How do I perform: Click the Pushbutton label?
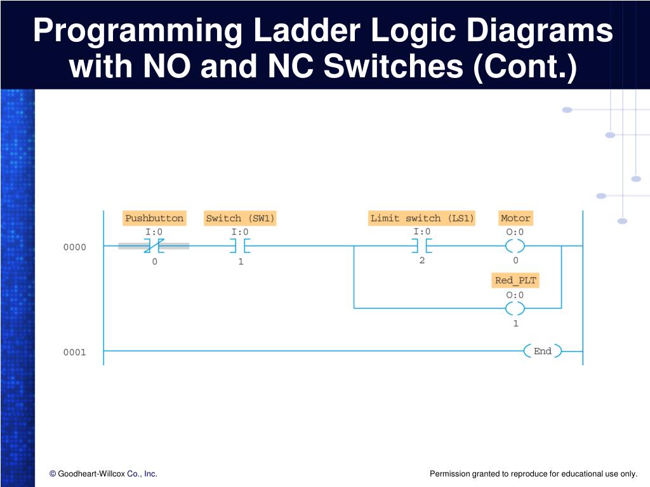tap(154, 218)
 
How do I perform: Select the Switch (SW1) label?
tap(240, 218)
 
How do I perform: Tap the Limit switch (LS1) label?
tap(422, 218)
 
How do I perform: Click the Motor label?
tap(515, 218)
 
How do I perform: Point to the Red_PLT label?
tap(515, 280)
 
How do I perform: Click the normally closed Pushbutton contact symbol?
tap(154, 246)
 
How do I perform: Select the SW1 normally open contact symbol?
tap(240, 246)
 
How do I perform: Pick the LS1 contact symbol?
tap(422, 246)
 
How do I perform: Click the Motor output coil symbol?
tap(515, 246)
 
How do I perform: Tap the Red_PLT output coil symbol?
tap(515, 308)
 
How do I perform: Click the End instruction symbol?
tap(542, 351)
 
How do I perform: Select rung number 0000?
tap(74, 247)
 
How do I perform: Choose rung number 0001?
tap(74, 352)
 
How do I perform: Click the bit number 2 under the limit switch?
tap(422, 260)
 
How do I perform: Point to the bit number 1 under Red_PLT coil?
tap(515, 323)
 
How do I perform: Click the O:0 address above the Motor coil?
tap(515, 232)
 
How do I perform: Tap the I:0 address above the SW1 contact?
tap(240, 232)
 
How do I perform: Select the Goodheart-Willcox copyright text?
tap(103, 474)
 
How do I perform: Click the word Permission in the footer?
tap(449, 474)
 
